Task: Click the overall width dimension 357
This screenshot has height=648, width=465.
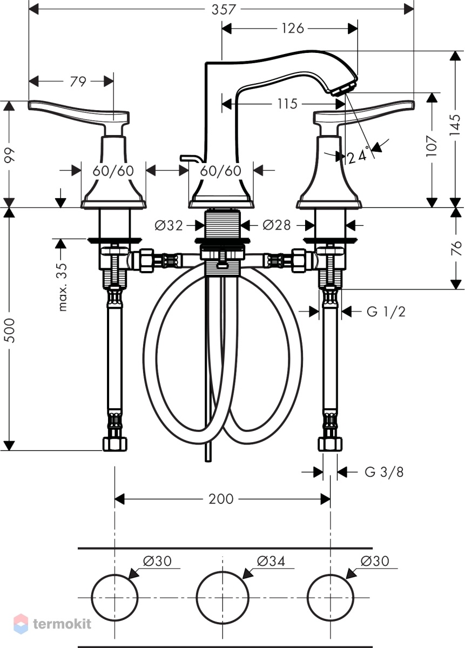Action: coord(224,10)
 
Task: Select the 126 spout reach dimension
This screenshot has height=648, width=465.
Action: coord(293,28)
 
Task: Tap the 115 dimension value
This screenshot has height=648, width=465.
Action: coord(287,104)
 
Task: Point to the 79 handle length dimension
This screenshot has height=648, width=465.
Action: coord(78,82)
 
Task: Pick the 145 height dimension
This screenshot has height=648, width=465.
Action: coord(455,125)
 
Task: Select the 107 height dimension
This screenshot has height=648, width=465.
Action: coord(432,146)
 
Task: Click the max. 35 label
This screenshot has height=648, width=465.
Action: coord(63,287)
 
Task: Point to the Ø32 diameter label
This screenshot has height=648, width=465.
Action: coord(169,226)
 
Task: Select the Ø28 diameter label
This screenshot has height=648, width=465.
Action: coord(277,225)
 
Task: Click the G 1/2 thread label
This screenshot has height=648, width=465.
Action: coord(386,312)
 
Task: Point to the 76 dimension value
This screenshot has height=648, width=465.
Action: coord(455,248)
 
